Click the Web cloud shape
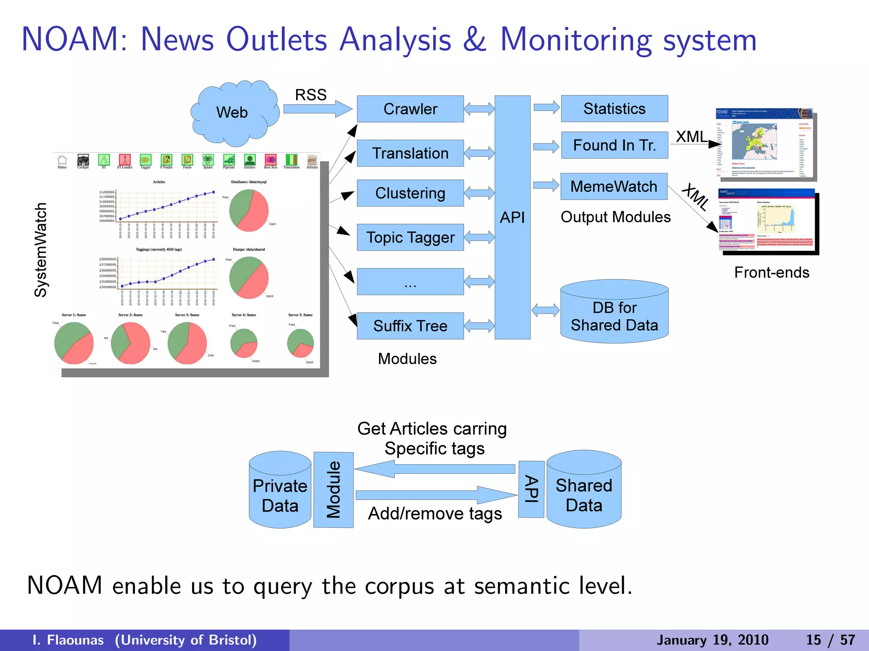233,112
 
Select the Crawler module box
410,109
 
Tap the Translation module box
410,153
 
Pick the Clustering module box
410,193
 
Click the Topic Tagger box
410,237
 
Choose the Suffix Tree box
410,326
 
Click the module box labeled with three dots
410,282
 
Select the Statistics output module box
614,108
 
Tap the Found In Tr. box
614,145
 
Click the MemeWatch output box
614,186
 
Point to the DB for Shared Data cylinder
614,314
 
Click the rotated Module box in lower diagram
334,490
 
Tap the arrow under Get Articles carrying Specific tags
435,469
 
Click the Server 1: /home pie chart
74,343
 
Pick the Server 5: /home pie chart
300,344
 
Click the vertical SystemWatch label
41,250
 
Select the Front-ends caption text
771,273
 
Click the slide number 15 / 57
830,640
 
